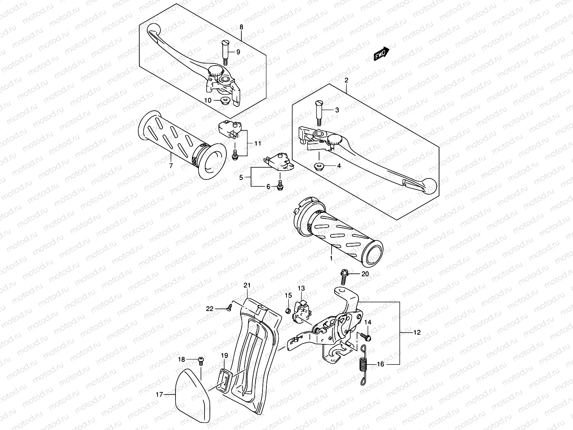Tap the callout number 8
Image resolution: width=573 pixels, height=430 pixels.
241,27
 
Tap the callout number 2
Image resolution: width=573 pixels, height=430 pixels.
346,81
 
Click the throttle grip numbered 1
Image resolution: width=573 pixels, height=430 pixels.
337,236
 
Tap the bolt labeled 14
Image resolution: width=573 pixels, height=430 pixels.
366,337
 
